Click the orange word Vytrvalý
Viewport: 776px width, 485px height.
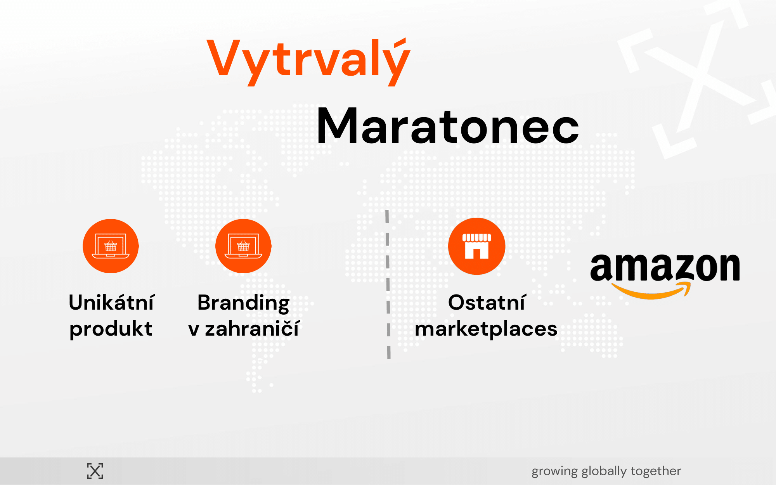[308, 62]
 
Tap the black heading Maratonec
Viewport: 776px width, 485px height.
[448, 126]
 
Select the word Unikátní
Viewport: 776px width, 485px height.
[112, 302]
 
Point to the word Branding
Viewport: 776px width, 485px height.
[244, 303]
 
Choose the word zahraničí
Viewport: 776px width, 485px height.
[252, 329]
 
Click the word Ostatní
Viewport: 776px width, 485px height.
[487, 302]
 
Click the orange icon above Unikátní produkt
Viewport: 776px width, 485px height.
[111, 246]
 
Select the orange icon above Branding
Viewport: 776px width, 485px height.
[243, 246]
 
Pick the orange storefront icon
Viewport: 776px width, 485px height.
[476, 246]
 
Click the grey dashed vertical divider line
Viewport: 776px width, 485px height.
[388, 284]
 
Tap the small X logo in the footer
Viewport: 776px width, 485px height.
[95, 471]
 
